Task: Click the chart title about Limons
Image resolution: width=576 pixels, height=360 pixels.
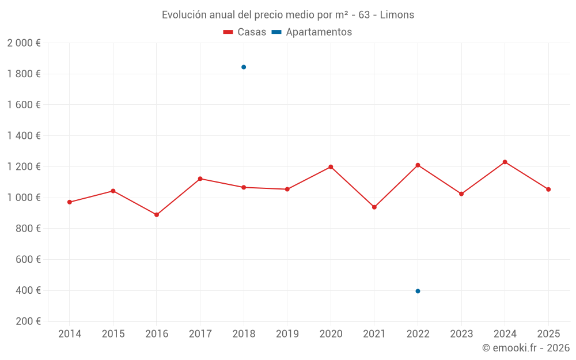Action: coord(287,15)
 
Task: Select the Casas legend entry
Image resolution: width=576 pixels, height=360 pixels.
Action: coord(245,32)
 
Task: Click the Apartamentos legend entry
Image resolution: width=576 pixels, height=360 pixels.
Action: coord(312,32)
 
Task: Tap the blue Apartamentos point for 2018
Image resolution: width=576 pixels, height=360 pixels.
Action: coord(244,67)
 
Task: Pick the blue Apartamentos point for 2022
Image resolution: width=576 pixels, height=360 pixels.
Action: coord(418,291)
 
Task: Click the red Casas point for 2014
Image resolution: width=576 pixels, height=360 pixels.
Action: coord(70,202)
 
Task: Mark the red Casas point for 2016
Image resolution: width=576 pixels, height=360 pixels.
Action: coord(157,215)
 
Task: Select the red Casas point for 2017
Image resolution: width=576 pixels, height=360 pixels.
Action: coord(200,179)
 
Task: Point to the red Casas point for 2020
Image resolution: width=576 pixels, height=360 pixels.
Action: coord(331,167)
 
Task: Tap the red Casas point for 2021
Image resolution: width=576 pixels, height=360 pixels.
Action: coord(374,207)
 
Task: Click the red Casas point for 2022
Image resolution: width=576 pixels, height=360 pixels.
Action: coord(418,165)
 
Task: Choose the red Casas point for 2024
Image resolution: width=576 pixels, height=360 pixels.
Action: coord(505,162)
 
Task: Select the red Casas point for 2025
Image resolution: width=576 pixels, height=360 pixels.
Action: coord(548,190)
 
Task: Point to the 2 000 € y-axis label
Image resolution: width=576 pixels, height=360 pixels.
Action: coord(24,43)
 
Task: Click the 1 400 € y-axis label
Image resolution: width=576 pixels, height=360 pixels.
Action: coord(24,136)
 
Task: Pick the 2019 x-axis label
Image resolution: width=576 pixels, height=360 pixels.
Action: coord(287,334)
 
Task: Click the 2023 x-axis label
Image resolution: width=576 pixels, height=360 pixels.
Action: coord(461,334)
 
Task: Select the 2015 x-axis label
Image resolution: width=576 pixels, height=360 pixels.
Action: coord(113,334)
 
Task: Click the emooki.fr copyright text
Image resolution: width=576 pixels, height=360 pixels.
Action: coord(525,348)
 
